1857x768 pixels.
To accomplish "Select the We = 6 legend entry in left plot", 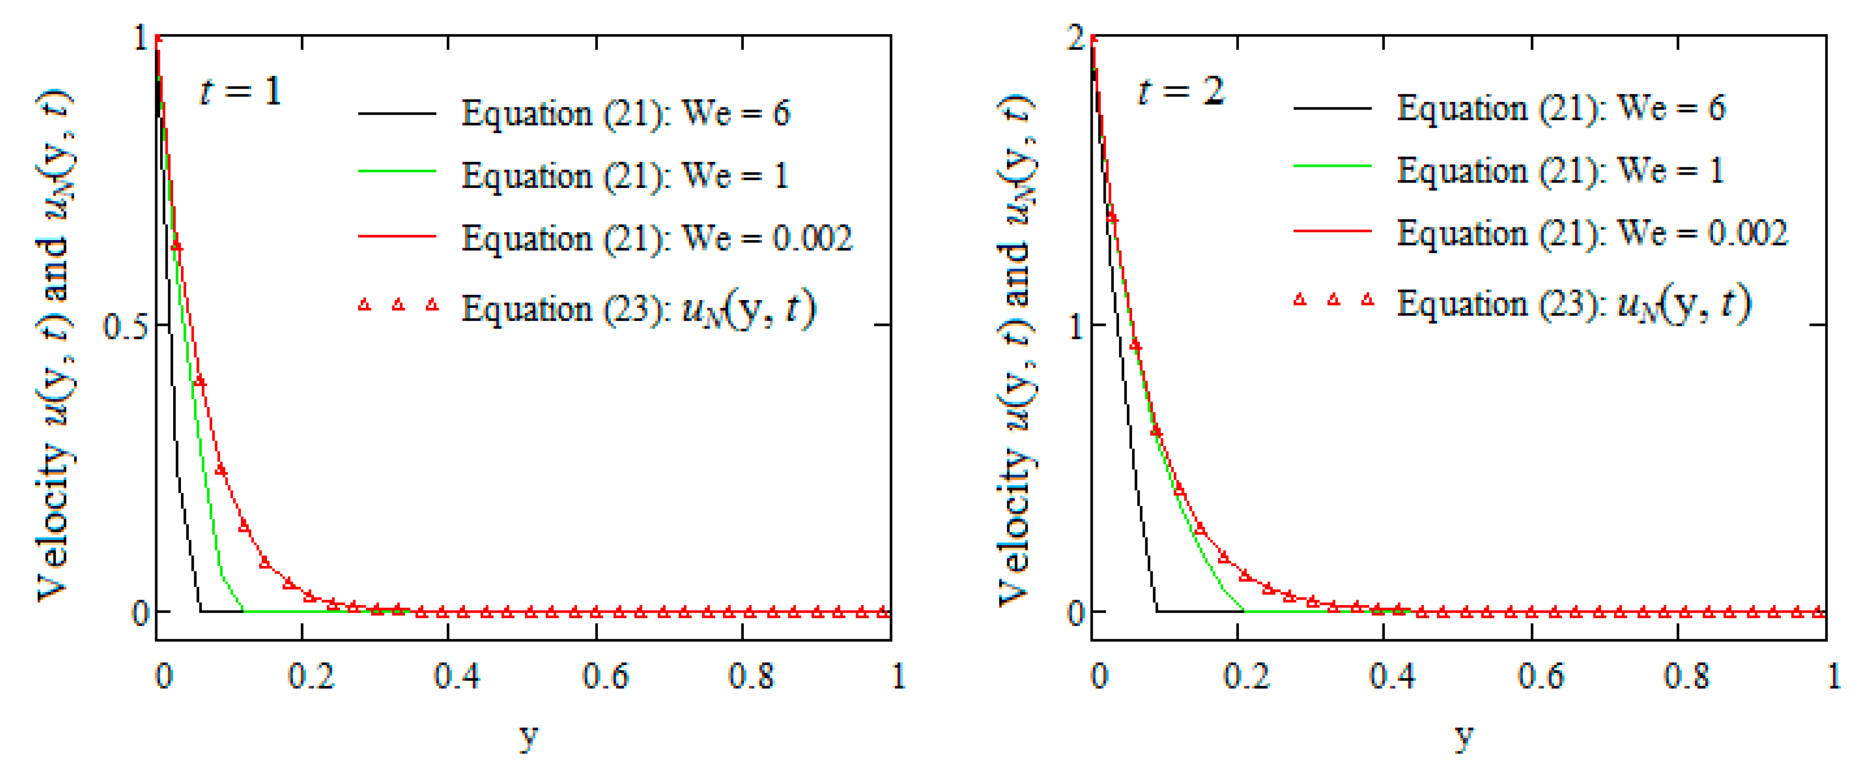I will pyautogui.click(x=625, y=113).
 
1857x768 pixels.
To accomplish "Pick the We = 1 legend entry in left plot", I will pyautogui.click(x=625, y=176).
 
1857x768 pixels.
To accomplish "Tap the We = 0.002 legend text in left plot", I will pyautogui.click(x=657, y=238).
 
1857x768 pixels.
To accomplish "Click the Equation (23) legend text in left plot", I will pyautogui.click(x=639, y=309).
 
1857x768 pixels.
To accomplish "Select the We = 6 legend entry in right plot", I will pyautogui.click(x=1561, y=108).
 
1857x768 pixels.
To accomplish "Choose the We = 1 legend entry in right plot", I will pyautogui.click(x=1561, y=171).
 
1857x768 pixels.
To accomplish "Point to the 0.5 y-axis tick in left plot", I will pyautogui.click(x=125, y=326).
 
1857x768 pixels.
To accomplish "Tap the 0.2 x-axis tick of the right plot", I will pyautogui.click(x=1246, y=676).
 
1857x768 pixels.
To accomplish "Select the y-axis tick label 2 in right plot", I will pyautogui.click(x=1076, y=38).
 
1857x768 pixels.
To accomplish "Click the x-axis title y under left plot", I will pyautogui.click(x=528, y=735).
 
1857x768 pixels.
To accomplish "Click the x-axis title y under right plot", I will pyautogui.click(x=1463, y=735).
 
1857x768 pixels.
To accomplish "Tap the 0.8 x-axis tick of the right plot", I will pyautogui.click(x=1687, y=676).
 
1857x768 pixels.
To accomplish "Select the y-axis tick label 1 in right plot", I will pyautogui.click(x=1076, y=326).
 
